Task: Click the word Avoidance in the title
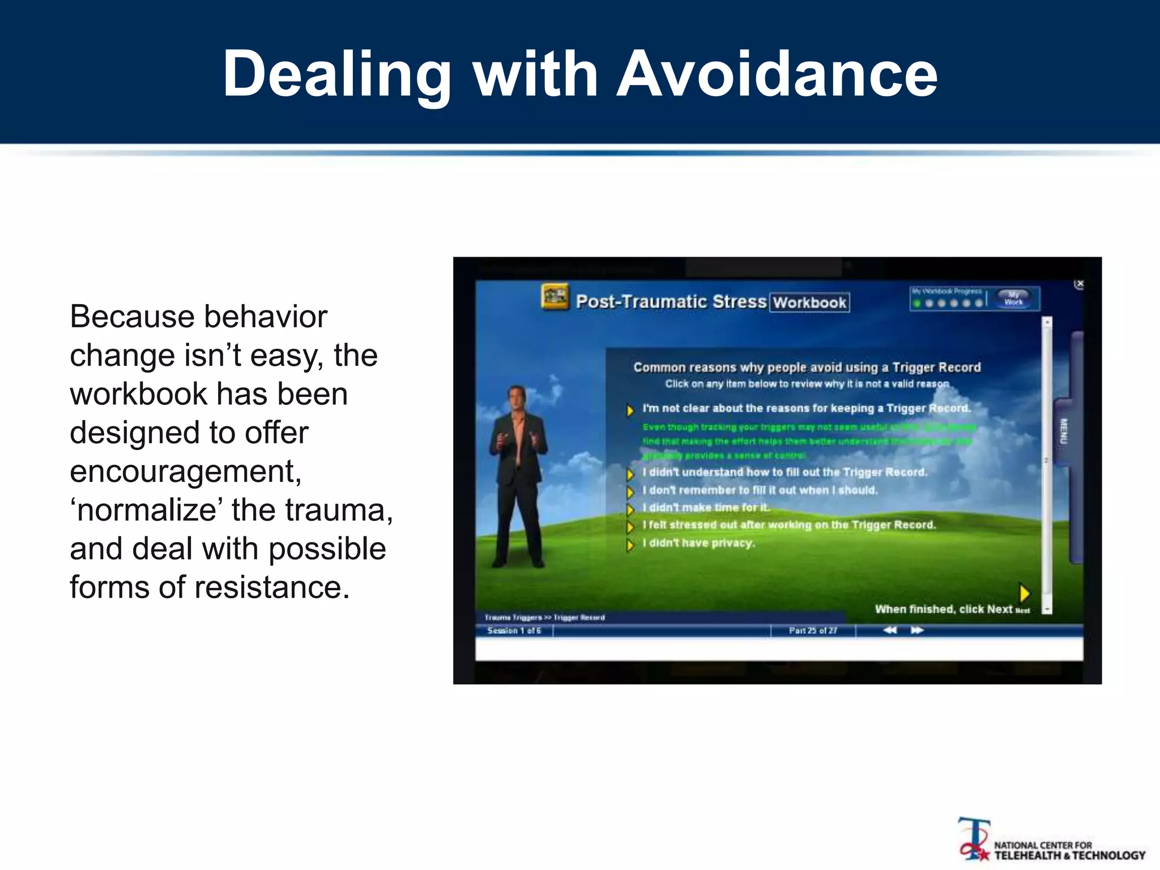tap(777, 74)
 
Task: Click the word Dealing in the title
tap(336, 74)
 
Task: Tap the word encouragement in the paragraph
tap(185, 471)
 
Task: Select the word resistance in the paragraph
tap(272, 587)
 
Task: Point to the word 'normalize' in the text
tap(146, 510)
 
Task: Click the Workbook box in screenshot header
tap(809, 302)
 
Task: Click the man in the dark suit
tap(518, 476)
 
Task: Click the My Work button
tap(1013, 298)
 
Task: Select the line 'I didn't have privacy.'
tap(698, 543)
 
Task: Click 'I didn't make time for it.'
tap(706, 507)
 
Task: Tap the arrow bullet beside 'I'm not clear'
tap(630, 410)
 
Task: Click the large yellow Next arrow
tap(1024, 593)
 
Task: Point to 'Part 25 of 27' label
tap(813, 630)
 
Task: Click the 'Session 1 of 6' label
tap(514, 630)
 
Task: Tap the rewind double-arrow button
tap(890, 630)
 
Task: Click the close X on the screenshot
tap(1080, 284)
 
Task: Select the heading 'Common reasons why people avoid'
tap(807, 368)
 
